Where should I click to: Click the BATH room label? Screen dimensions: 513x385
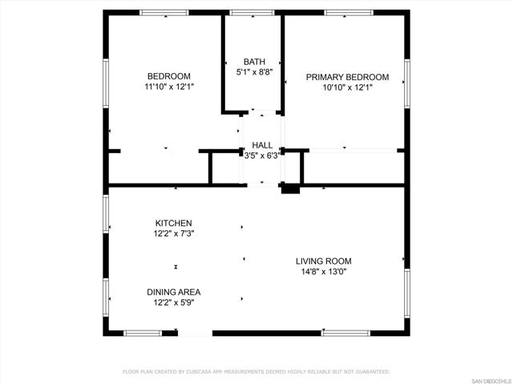click(254, 62)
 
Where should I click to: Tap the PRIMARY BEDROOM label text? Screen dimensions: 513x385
click(347, 77)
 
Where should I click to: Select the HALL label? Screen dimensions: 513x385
click(262, 145)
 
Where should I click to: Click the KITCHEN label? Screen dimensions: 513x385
click(173, 223)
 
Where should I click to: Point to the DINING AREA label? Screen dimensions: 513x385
click(173, 292)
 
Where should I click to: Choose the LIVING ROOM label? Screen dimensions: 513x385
click(324, 261)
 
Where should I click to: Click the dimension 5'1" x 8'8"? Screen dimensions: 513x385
click(254, 72)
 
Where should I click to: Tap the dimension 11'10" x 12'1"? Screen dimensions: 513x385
click(169, 87)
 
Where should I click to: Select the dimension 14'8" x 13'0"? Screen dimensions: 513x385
click(324, 272)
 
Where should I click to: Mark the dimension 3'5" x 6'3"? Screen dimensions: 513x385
click(262, 156)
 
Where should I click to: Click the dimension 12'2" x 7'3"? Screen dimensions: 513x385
click(174, 233)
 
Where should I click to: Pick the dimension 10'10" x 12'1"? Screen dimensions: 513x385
click(347, 87)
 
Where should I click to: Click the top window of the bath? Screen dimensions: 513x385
click(252, 13)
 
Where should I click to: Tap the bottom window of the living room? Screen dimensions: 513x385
click(345, 334)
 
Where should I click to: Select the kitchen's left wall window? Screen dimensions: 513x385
click(106, 214)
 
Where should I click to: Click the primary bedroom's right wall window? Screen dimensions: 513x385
click(407, 83)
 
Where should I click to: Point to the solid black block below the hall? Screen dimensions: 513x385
click(290, 189)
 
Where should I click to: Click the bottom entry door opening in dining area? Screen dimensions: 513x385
click(195, 334)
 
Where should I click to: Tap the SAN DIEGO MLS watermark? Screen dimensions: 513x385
click(492, 382)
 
